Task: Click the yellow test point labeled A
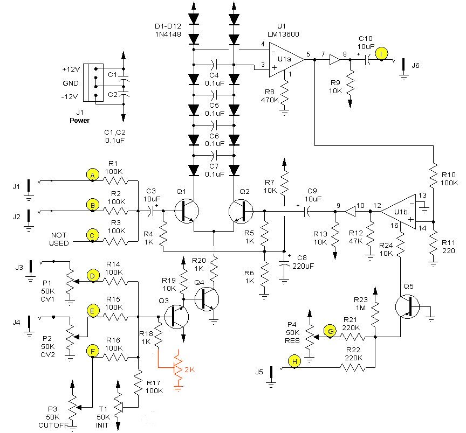[92, 175]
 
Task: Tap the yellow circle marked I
[382, 53]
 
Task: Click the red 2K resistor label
[189, 369]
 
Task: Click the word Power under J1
[80, 120]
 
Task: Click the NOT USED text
[59, 239]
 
